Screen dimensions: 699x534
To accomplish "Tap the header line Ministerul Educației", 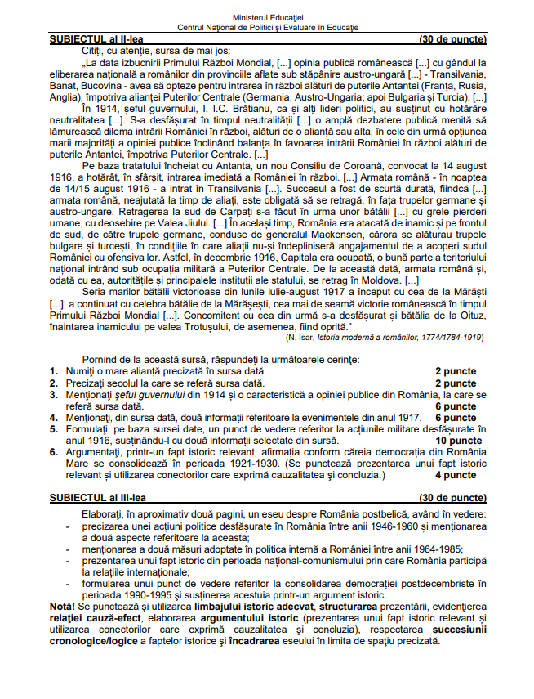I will [x=267, y=16].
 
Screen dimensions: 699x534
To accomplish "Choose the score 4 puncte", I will [x=456, y=474].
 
